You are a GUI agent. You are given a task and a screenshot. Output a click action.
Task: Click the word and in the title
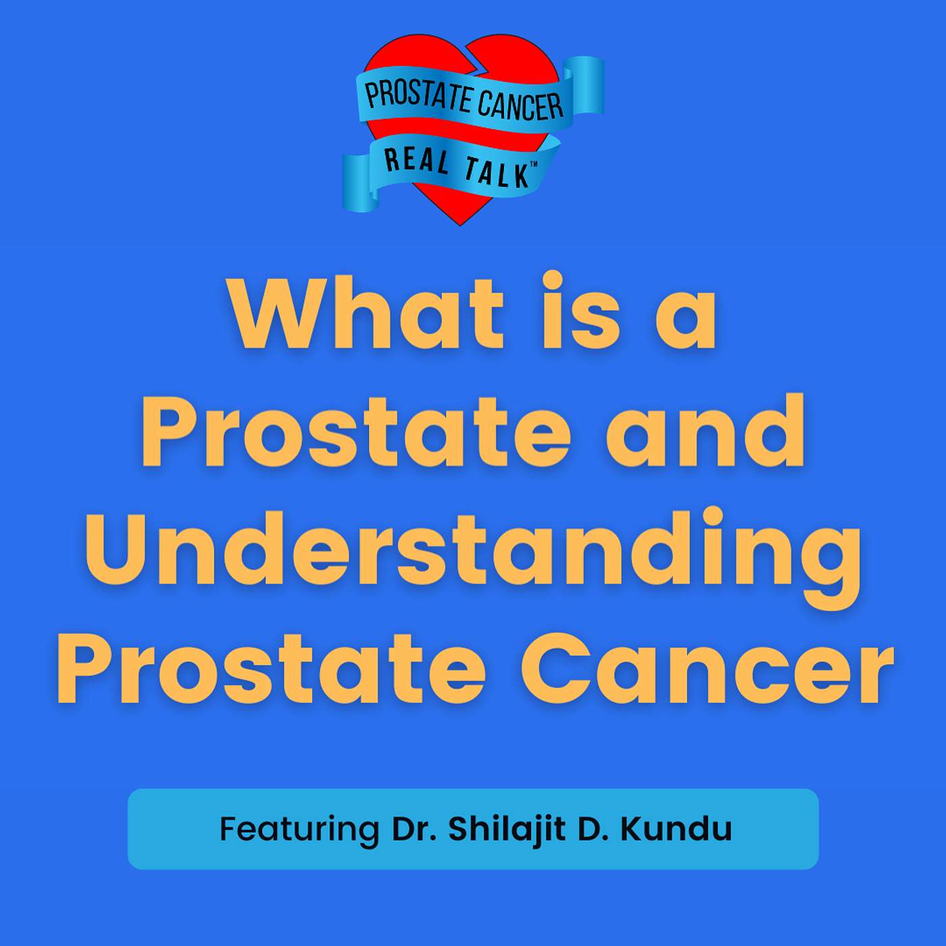coord(705,430)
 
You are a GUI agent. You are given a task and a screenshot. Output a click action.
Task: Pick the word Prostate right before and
coord(357,432)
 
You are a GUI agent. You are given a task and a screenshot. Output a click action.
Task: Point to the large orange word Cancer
coord(706,669)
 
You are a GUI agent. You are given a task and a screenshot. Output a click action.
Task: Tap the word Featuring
coord(299,829)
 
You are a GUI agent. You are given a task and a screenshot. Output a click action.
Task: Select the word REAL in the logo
coord(416,161)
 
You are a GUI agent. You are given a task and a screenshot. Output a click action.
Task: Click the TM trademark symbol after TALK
coord(533,167)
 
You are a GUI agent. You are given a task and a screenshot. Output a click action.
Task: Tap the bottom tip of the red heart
coord(460,225)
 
